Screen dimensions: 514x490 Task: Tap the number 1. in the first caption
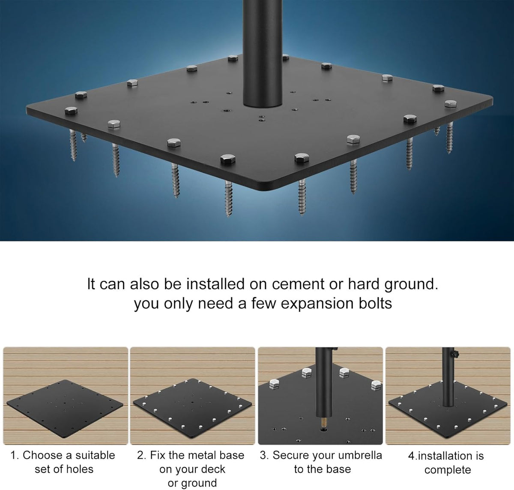[15, 455]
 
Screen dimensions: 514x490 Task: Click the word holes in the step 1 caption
[80, 469]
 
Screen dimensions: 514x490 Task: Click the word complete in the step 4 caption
[448, 471]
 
